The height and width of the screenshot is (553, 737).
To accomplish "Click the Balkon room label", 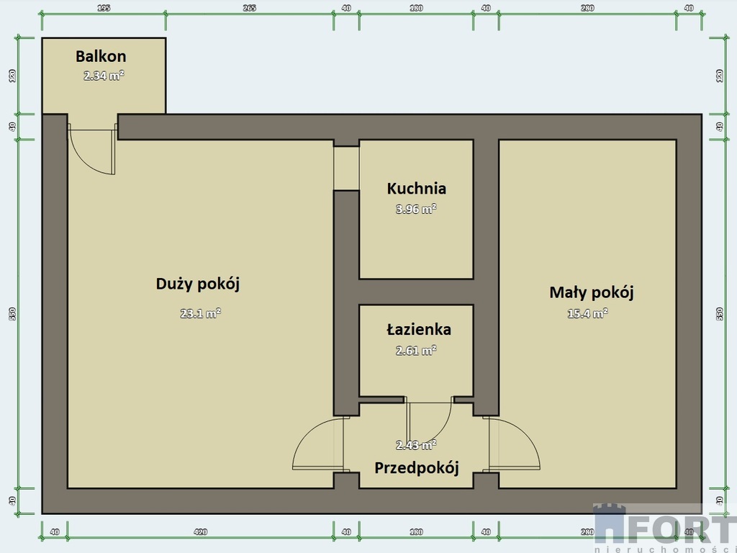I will [101, 56].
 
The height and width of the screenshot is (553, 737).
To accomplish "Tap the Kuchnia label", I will [416, 189].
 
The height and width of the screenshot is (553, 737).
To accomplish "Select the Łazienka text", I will [418, 330].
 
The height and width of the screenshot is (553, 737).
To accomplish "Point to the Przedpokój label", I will [416, 467].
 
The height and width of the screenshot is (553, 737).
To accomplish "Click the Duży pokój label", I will [197, 284].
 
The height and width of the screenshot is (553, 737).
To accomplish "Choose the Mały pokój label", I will [591, 292].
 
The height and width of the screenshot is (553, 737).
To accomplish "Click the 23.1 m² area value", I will [200, 313].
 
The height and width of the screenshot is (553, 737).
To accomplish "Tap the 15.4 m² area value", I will [588, 313].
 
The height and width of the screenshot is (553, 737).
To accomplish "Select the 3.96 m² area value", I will [416, 210].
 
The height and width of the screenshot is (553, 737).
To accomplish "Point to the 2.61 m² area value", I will [416, 351].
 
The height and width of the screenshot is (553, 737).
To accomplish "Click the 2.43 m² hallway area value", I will [416, 445].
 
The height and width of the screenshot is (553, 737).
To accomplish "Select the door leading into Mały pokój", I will [512, 445].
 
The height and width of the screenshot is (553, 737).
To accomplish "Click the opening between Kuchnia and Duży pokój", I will [346, 168].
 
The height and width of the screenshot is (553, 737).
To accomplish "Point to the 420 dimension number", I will [200, 532].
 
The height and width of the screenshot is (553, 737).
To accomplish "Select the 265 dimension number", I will [249, 8].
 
